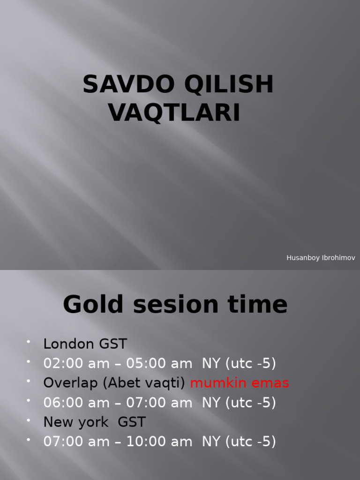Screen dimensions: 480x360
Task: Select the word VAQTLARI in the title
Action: (175, 113)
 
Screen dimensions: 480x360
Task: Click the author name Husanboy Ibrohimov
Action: (321, 258)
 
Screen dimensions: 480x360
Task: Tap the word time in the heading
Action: (258, 305)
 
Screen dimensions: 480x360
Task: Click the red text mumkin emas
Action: (240, 383)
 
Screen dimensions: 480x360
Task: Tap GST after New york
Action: (132, 422)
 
